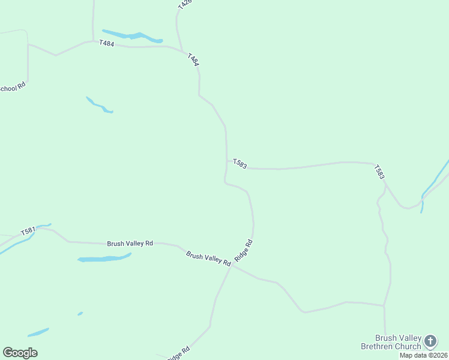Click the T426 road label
click(184, 4)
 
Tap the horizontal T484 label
click(106, 44)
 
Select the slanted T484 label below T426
click(193, 60)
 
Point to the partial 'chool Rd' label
click(13, 87)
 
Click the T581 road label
click(28, 231)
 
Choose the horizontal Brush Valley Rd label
click(130, 244)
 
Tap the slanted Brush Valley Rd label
click(208, 259)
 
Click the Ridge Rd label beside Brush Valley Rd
click(244, 250)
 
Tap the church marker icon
click(430, 341)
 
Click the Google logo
click(20, 353)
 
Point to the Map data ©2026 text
click(424, 355)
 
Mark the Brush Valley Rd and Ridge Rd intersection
click(232, 265)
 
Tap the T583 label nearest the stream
click(379, 172)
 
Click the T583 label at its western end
click(240, 164)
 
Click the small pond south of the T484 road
click(99, 105)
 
